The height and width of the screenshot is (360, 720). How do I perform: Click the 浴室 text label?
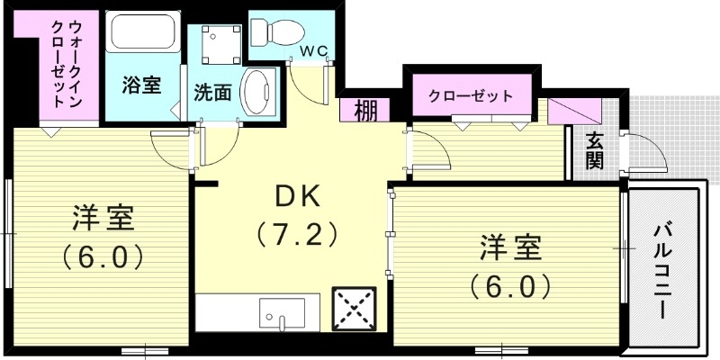141,86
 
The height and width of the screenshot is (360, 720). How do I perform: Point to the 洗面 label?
213,92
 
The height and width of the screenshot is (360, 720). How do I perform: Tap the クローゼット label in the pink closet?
471,95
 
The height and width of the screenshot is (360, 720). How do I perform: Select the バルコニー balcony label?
665,269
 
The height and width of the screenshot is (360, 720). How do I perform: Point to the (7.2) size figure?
297,236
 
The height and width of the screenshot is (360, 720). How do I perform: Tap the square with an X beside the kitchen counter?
354,309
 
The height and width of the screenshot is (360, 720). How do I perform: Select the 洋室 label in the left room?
103,218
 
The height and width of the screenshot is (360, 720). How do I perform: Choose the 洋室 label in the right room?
508,246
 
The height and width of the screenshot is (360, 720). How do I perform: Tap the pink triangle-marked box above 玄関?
573,112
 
